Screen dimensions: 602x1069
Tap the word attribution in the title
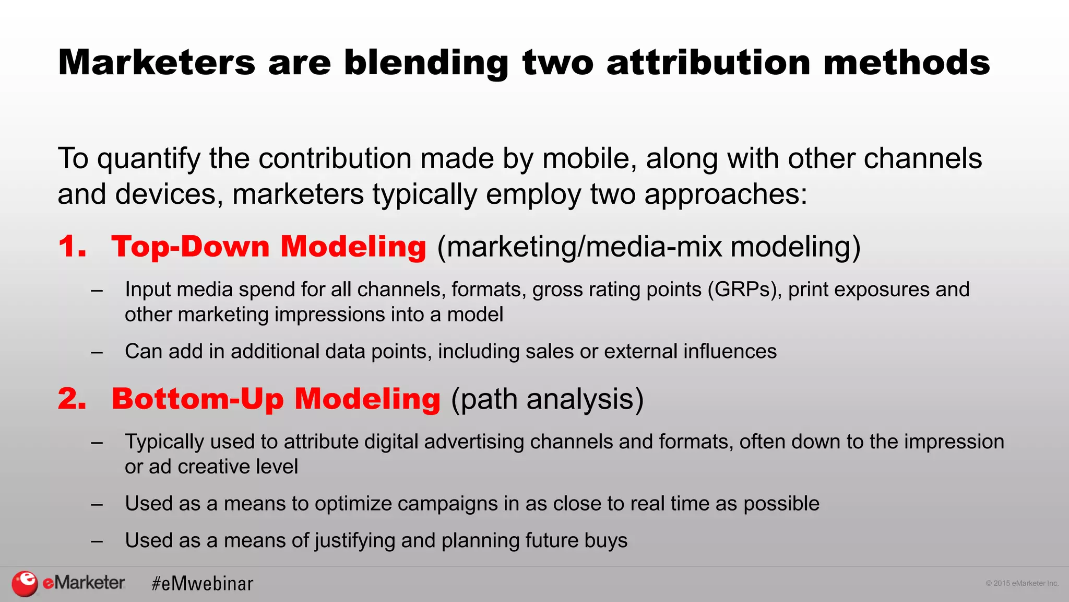click(709, 63)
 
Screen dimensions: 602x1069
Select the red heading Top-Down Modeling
click(269, 247)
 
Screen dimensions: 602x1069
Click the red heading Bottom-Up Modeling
click(276, 399)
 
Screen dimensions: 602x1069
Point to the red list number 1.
click(72, 247)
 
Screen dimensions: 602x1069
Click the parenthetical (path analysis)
click(547, 399)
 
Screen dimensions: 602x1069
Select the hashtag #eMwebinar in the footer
click(203, 584)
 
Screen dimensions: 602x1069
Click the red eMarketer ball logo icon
click(25, 583)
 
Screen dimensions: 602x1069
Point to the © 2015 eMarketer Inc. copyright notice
click(1022, 583)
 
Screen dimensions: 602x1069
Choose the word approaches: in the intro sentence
click(726, 194)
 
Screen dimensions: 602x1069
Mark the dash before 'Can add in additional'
click(97, 352)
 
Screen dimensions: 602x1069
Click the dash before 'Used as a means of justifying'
click(97, 541)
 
